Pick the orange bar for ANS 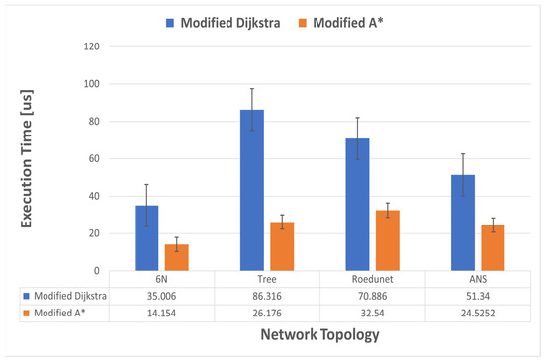(x=466, y=247)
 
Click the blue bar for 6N (x=147, y=237)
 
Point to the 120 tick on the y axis (x=94, y=46)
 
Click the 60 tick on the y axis (x=94, y=158)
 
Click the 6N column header (x=161, y=278)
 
